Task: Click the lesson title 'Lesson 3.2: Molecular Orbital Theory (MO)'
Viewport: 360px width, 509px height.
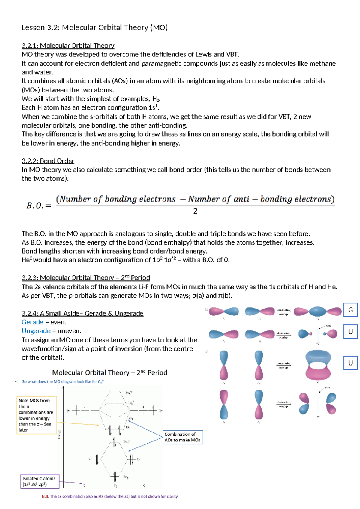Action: click(x=94, y=28)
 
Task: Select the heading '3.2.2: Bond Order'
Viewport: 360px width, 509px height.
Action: click(x=48, y=161)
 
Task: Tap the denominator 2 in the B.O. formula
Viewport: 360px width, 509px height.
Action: click(x=195, y=211)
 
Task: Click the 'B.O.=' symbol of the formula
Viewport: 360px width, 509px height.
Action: click(x=39, y=206)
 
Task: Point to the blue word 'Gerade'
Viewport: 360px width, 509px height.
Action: click(x=32, y=322)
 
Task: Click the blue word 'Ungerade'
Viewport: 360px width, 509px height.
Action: click(x=36, y=331)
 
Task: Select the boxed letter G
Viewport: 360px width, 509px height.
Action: click(x=350, y=310)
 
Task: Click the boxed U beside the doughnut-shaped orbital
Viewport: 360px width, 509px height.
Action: click(x=350, y=363)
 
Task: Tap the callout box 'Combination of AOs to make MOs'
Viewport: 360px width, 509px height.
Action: click(x=183, y=437)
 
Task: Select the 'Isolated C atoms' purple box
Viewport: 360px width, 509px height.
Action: click(x=40, y=481)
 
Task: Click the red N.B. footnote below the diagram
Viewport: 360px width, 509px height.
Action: click(x=110, y=496)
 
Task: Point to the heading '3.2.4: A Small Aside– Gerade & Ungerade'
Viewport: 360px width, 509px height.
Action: click(x=82, y=313)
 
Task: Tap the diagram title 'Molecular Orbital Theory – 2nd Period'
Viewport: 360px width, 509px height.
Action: click(x=110, y=372)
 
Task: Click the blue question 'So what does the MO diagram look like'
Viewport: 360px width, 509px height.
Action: click(x=63, y=382)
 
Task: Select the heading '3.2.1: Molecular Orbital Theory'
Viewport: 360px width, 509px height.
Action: click(x=68, y=46)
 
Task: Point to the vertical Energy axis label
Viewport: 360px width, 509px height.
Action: click(x=59, y=434)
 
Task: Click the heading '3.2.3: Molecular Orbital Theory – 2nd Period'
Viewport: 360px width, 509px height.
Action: click(x=86, y=278)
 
